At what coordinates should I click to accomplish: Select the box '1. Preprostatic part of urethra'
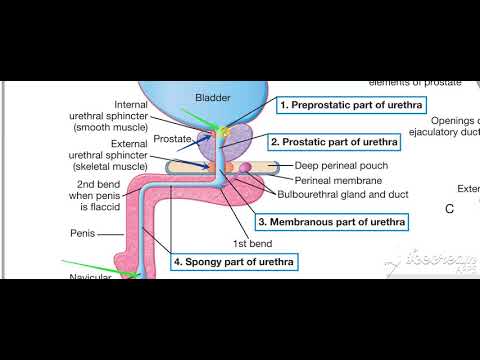[x=339, y=104]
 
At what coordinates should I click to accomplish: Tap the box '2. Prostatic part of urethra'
[x=334, y=143]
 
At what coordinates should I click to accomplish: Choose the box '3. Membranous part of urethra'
[x=332, y=221]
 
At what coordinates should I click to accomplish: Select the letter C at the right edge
[x=449, y=209]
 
